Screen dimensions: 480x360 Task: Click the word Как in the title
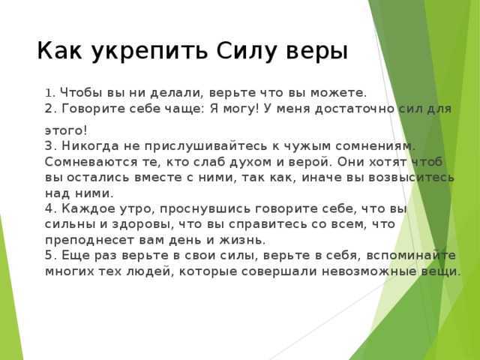[60, 50]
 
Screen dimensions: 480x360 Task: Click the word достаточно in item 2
[355, 109]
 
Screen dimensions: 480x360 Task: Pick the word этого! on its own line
[66, 131]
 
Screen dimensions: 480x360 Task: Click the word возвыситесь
[411, 178]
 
